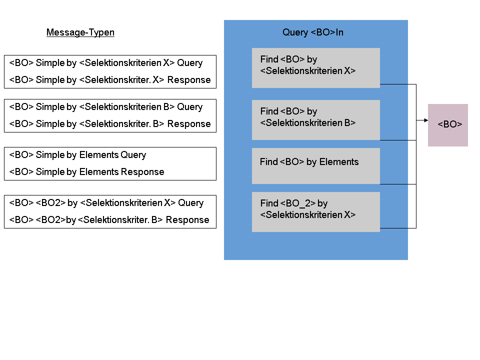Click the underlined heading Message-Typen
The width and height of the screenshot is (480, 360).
click(80, 32)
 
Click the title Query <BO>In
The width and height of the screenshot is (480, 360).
click(313, 32)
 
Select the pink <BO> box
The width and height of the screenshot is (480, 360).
click(448, 125)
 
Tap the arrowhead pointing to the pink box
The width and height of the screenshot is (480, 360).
click(426, 120)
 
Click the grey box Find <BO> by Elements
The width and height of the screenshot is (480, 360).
click(316, 166)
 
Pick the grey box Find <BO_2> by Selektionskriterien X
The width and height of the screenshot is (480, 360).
click(316, 212)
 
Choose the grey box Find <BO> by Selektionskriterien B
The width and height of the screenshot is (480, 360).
click(316, 120)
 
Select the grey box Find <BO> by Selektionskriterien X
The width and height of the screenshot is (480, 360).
click(316, 68)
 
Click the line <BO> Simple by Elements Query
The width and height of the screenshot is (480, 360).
click(77, 155)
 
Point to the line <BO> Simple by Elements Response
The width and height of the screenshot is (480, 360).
click(86, 172)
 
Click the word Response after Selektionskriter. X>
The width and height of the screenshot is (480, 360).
click(189, 80)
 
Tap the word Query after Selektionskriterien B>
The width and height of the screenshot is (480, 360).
click(190, 107)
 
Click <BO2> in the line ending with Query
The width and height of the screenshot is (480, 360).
click(51, 203)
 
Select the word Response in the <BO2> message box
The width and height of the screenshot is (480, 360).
click(187, 220)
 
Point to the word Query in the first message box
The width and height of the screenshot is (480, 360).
click(190, 63)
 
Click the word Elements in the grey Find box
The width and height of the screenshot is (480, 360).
click(339, 162)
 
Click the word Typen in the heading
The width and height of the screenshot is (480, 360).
click(101, 33)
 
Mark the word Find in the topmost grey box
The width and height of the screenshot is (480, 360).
click(269, 59)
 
